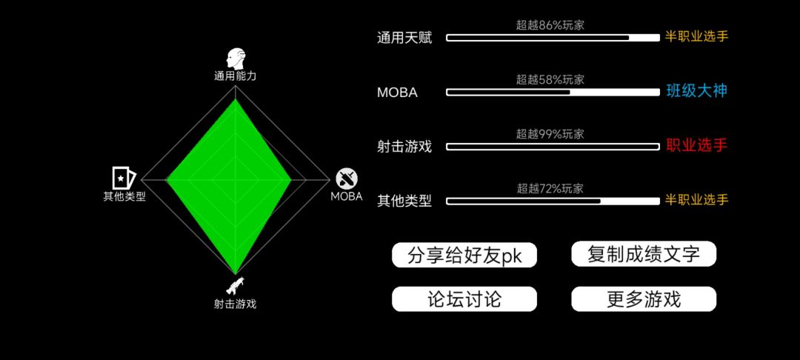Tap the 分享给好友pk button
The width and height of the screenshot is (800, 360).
click(x=464, y=255)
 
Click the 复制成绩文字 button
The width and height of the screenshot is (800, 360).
click(x=644, y=254)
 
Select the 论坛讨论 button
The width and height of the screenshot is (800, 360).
click(x=464, y=299)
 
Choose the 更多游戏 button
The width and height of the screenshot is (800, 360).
click(x=644, y=299)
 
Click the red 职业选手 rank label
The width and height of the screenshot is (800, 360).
click(x=696, y=146)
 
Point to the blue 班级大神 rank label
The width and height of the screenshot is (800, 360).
click(x=696, y=91)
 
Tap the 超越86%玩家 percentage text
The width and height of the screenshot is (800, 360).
click(x=550, y=25)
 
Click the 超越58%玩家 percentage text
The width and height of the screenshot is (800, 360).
click(x=550, y=79)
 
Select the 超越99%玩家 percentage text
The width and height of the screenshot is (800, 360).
click(x=550, y=134)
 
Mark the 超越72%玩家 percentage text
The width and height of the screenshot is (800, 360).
click(x=550, y=189)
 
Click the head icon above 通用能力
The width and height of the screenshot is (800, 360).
click(x=236, y=59)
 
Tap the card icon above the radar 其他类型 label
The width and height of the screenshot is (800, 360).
click(x=124, y=178)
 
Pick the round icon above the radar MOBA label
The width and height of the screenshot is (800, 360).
click(x=347, y=179)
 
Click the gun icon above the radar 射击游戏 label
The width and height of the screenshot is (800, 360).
click(x=235, y=287)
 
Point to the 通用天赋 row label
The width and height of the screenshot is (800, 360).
click(x=404, y=39)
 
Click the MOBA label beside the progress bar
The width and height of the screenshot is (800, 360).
click(x=398, y=93)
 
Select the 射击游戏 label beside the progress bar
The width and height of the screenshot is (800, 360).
click(x=404, y=147)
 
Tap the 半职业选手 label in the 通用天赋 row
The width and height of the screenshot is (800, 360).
click(x=696, y=37)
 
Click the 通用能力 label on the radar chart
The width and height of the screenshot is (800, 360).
click(x=236, y=76)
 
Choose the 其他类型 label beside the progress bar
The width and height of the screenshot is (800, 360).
click(x=404, y=201)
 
